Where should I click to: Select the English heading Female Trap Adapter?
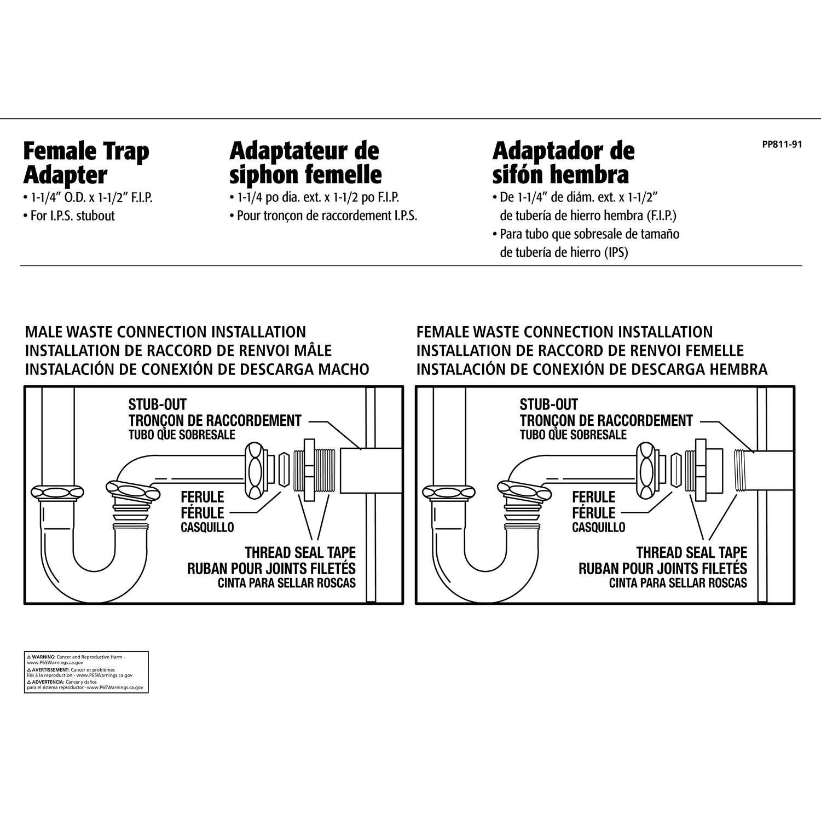coord(86,163)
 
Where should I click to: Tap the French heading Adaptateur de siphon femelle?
coord(305,163)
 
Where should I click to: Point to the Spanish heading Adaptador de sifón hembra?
coord(563,163)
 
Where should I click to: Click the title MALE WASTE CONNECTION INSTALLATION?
coord(165,332)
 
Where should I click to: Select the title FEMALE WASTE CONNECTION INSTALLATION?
coord(564,332)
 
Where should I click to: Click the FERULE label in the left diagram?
coord(203,497)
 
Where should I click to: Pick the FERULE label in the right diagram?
coord(594,497)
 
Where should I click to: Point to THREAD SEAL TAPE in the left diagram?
coord(300,552)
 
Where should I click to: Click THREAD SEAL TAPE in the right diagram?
coord(691,552)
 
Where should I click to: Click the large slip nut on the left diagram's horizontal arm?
coord(255,470)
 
